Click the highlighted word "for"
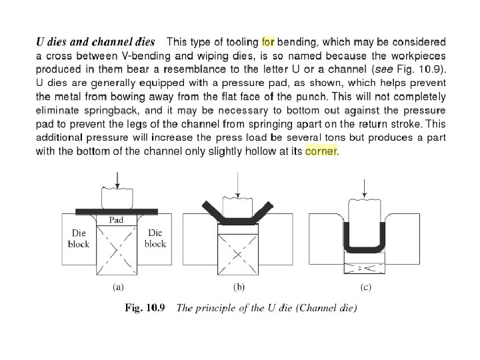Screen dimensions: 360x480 [268, 41]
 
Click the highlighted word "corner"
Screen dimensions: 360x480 [322, 151]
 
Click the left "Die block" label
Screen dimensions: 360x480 [79, 238]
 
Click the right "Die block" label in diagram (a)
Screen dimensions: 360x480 [155, 238]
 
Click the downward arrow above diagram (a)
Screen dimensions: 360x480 [117, 179]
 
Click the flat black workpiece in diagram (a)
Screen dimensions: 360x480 [117, 211]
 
